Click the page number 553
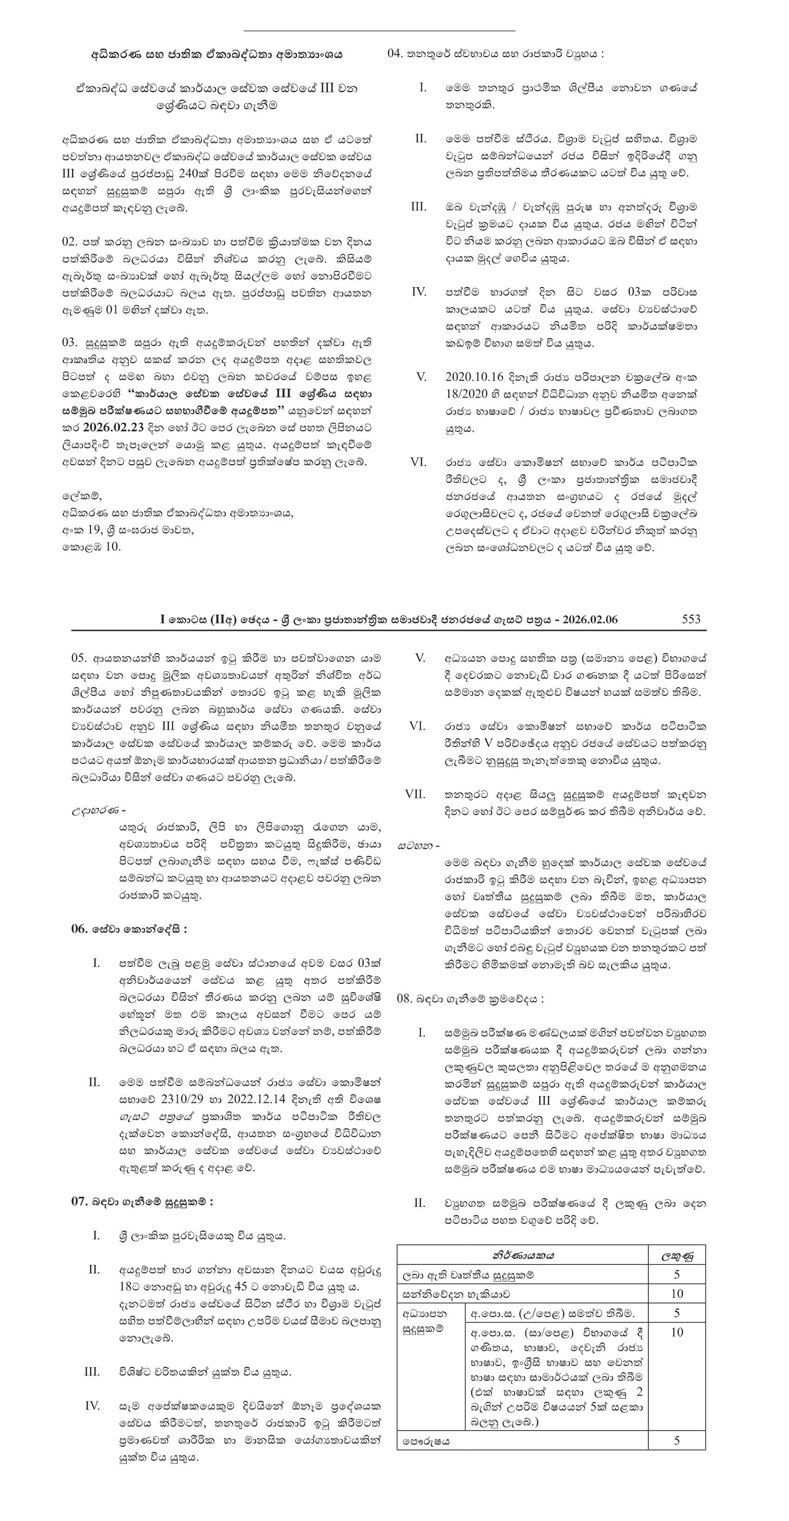coord(691,619)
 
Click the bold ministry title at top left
coord(216,54)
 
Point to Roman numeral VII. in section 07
coord(415,794)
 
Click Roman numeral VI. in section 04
coord(419,462)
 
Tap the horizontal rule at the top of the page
coord(379,30)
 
